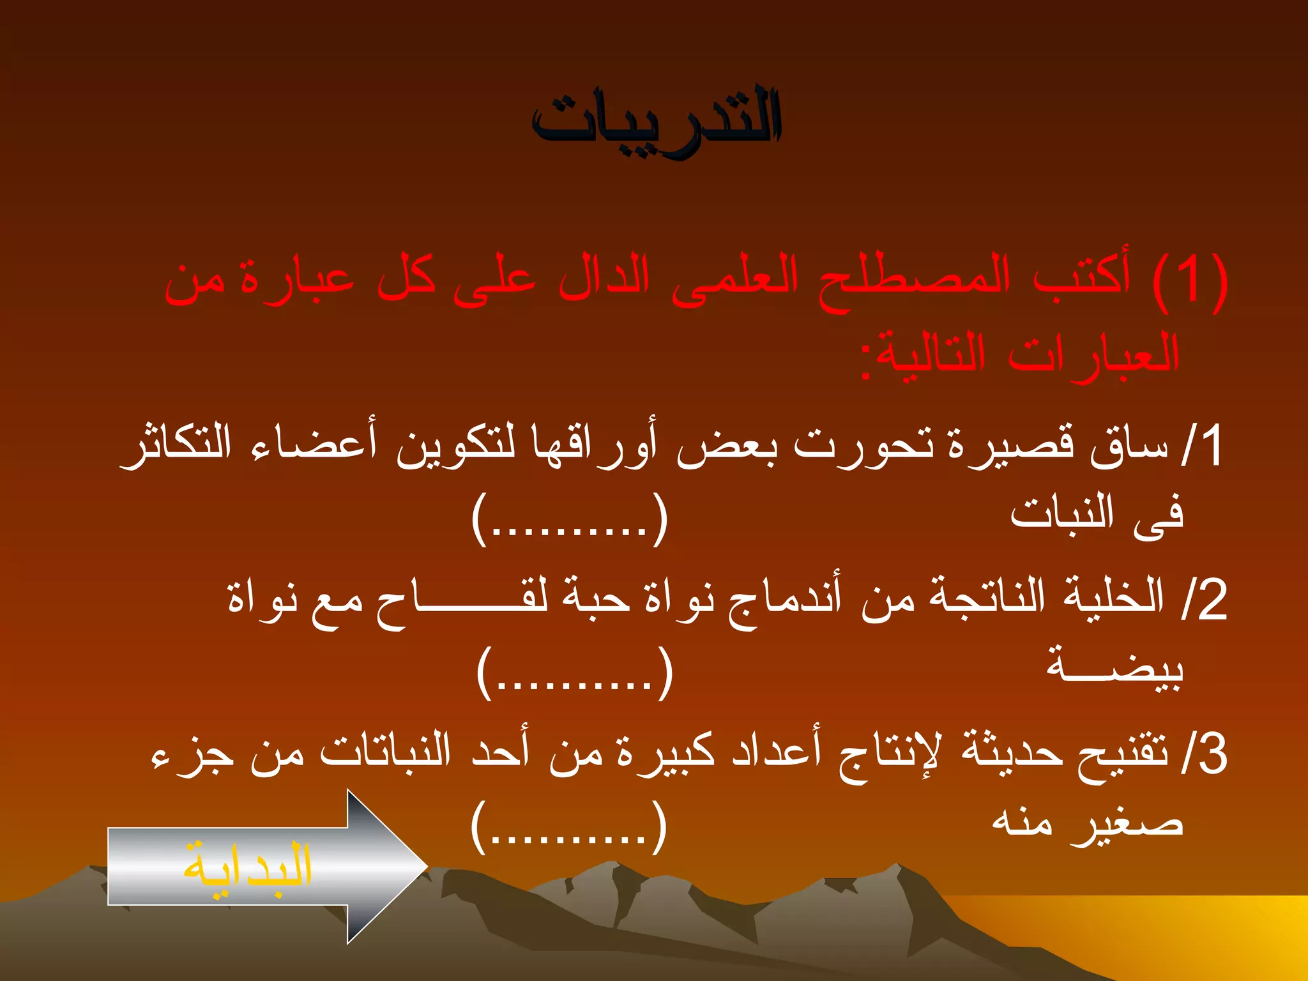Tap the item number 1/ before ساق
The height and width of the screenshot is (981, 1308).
pyautogui.click(x=1202, y=445)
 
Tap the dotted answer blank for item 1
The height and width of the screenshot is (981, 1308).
pyautogui.click(x=570, y=519)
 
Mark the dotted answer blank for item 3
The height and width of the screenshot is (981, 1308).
pyautogui.click(x=569, y=827)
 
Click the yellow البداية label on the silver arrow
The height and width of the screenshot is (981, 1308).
pyautogui.click(x=248, y=867)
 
